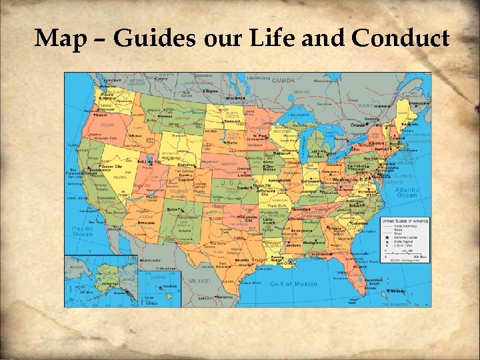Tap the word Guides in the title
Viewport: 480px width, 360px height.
(x=153, y=39)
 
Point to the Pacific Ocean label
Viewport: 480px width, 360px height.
(x=83, y=231)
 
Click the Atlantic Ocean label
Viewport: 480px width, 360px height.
(x=407, y=192)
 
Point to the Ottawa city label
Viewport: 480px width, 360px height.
(x=359, y=125)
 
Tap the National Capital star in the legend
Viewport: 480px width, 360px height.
(x=385, y=238)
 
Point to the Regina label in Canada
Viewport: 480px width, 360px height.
(x=211, y=91)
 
